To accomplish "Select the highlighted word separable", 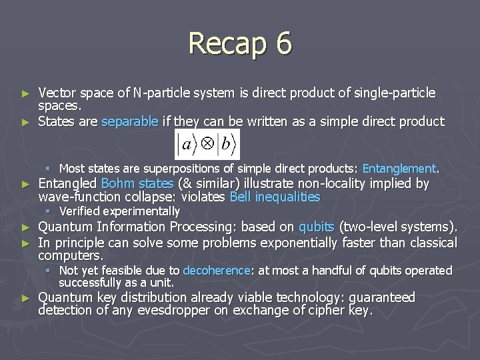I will pos(130,121).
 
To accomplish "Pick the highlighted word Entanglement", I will pos(399,169).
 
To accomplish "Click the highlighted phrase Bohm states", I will pos(137,183).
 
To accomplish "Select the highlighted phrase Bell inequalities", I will pos(275,197).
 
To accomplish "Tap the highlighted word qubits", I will pos(317,227).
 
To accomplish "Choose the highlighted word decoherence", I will pos(215,270).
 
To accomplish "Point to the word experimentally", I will pos(141,211).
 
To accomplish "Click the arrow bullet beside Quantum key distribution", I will pos(26,298).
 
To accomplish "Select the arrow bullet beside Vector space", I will pos(26,93).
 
